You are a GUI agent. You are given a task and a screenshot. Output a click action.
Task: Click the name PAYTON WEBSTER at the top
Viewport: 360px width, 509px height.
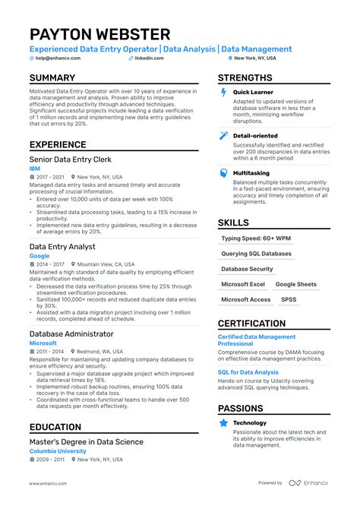coord(99,35)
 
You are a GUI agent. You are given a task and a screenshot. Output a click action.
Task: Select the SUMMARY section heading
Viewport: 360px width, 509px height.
coord(52,78)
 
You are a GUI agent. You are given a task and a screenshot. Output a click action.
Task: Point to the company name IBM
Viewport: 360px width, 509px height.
coord(34,169)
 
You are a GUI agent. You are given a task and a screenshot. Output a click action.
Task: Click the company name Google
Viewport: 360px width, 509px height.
coord(39,256)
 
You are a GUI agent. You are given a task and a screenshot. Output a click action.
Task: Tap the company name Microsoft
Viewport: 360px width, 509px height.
coord(43,343)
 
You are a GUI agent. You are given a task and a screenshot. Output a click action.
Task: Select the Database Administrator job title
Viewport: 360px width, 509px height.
coord(71,334)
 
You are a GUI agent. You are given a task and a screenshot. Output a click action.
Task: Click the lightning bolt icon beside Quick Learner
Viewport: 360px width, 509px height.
coord(223,93)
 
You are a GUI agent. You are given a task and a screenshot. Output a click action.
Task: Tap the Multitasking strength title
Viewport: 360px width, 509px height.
coord(251,172)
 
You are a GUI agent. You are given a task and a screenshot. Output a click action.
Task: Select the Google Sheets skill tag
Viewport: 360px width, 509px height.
coord(295,284)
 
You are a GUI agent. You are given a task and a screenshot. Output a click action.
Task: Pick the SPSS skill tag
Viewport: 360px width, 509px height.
coord(289,299)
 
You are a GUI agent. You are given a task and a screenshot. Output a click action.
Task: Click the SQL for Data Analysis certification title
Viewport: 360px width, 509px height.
coord(248,372)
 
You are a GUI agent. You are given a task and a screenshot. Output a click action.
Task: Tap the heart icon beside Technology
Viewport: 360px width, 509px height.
coord(223,424)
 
